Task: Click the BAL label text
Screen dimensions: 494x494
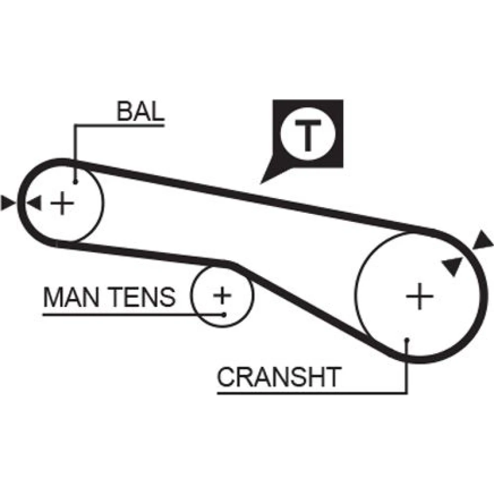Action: pos(140,113)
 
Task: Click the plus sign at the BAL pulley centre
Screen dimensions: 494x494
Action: pos(62,203)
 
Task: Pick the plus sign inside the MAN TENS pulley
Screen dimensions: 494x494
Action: pos(222,295)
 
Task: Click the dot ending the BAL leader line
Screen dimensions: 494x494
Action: pos(75,181)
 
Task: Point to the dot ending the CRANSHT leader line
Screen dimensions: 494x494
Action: pos(407,340)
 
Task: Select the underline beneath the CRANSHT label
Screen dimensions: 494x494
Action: pos(311,394)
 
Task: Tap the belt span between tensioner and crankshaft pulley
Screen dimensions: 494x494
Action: pos(306,306)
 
